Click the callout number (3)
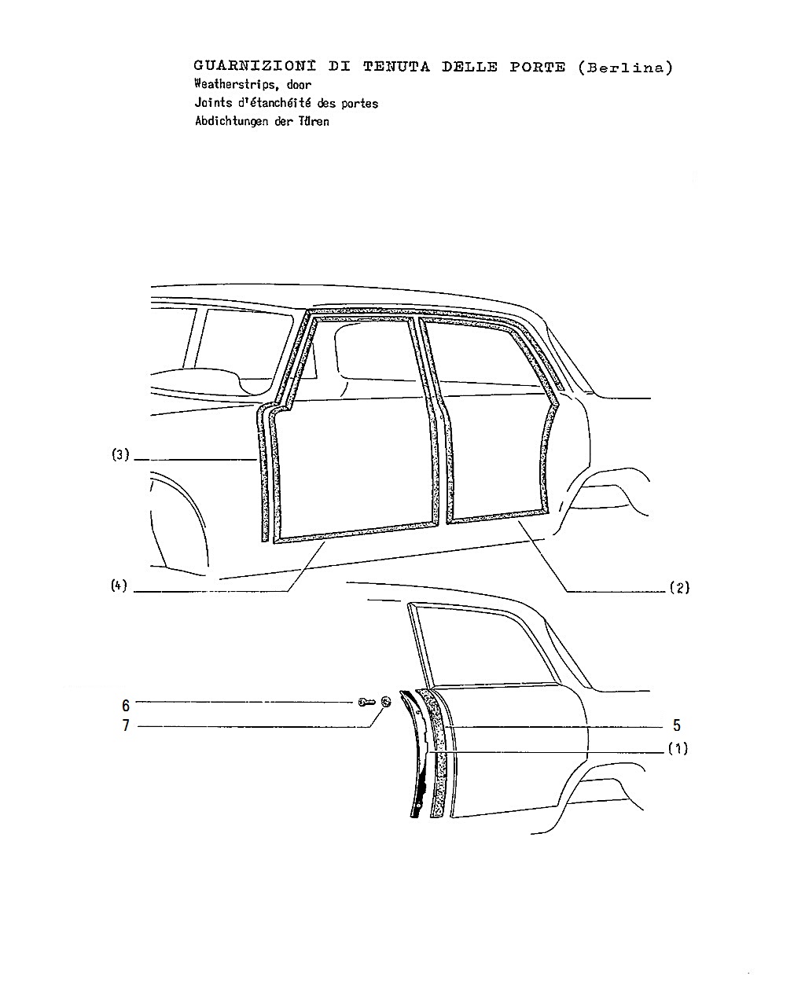click(120, 455)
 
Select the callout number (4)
click(119, 586)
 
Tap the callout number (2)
click(680, 588)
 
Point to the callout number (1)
click(678, 748)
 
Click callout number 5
click(676, 725)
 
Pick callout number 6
click(125, 705)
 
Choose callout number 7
click(125, 725)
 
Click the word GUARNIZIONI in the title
click(255, 66)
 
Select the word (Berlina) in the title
click(626, 68)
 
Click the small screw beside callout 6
click(366, 702)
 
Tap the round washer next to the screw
click(386, 702)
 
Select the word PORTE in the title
click(538, 68)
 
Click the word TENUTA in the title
click(397, 67)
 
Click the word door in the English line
click(299, 85)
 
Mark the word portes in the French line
click(359, 104)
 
